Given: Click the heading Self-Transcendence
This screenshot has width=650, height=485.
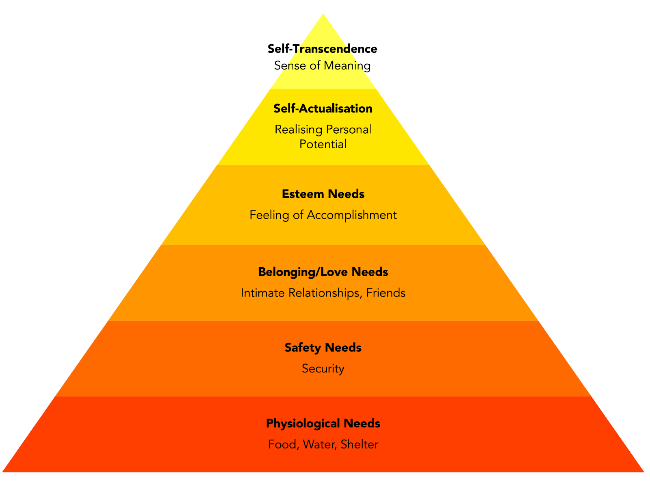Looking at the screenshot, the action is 322,49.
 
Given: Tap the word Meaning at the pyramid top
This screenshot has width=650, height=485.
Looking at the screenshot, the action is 347,66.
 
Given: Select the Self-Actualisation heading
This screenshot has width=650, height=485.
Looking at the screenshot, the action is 323,108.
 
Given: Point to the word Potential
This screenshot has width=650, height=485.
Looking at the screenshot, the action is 323,144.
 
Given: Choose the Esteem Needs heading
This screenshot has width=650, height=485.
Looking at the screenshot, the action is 323,194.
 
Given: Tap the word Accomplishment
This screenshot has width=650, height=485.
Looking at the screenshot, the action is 351,215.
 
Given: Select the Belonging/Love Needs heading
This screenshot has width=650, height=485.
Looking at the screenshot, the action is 323,272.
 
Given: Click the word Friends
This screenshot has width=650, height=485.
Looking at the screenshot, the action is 386,293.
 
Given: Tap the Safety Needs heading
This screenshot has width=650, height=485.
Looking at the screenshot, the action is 323,348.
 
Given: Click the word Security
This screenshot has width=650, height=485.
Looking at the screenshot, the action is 323,369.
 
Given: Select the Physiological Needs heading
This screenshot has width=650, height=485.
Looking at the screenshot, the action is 323,424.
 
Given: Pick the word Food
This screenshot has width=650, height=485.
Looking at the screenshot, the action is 283,444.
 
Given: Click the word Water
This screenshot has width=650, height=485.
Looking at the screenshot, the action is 319,444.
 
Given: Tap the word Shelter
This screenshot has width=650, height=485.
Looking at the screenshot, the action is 359,444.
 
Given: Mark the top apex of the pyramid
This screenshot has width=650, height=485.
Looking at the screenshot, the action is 323,15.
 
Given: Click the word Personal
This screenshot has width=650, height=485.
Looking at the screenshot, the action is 349,130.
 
